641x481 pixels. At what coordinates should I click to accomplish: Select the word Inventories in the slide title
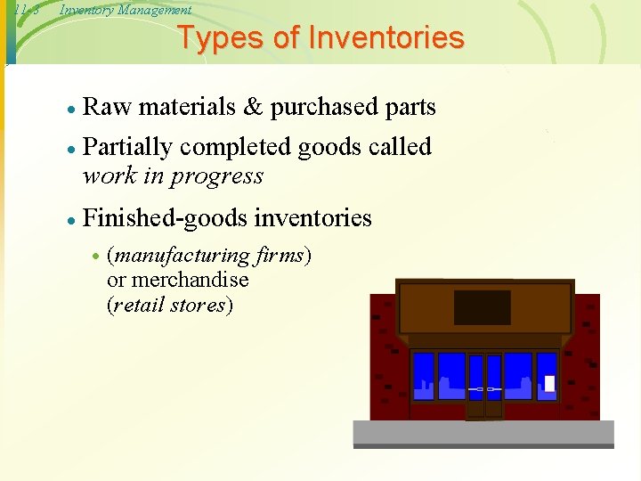(385, 38)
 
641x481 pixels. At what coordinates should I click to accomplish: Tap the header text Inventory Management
(125, 10)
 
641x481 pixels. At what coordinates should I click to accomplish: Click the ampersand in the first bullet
(253, 108)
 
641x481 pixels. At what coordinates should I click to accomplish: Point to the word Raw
(106, 108)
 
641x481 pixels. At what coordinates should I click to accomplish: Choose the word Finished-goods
(165, 217)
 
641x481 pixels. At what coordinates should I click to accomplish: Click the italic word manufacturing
(180, 257)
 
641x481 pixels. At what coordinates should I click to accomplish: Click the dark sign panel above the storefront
(482, 307)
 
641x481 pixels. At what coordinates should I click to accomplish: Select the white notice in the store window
(549, 383)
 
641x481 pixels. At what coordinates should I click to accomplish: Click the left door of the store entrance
(475, 386)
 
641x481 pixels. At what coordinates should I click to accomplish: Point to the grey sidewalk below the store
(483, 433)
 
